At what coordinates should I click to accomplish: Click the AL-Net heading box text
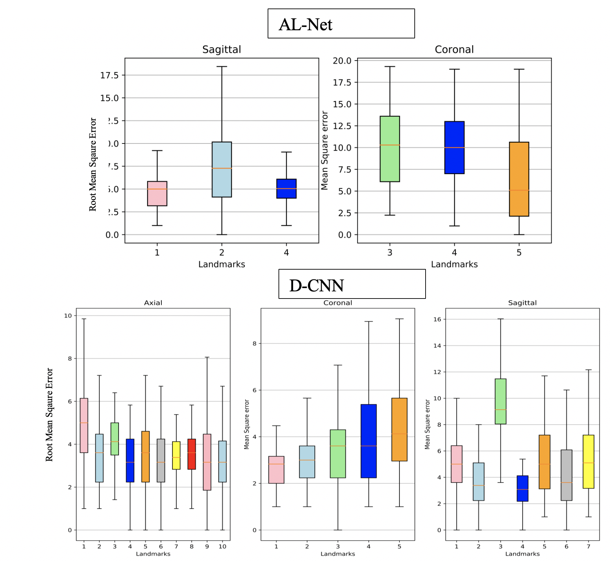click(x=305, y=24)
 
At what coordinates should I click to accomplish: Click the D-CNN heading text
click(x=316, y=286)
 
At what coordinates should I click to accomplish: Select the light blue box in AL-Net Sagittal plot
click(x=222, y=169)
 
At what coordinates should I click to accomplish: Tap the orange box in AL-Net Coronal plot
click(x=519, y=179)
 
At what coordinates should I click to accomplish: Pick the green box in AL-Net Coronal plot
click(x=390, y=149)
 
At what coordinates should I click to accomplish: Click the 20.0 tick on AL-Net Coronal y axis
click(x=342, y=61)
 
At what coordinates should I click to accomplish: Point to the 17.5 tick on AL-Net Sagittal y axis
click(x=109, y=75)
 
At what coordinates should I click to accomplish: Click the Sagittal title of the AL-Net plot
click(x=221, y=50)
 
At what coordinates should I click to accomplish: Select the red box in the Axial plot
click(x=192, y=454)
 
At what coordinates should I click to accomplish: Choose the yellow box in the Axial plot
click(x=176, y=455)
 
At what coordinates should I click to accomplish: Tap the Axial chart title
click(x=153, y=303)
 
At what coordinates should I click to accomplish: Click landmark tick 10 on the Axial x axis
click(x=222, y=546)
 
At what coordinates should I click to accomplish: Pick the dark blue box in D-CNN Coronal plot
click(x=369, y=441)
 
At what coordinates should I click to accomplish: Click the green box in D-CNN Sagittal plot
click(x=500, y=401)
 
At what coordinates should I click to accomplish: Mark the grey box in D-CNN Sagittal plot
click(x=566, y=475)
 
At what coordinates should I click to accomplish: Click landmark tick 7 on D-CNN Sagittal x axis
click(x=588, y=546)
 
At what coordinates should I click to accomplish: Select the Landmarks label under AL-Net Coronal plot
click(x=454, y=264)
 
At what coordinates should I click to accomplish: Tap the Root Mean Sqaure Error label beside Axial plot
click(x=49, y=414)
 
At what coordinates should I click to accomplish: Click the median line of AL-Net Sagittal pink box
click(x=157, y=189)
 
